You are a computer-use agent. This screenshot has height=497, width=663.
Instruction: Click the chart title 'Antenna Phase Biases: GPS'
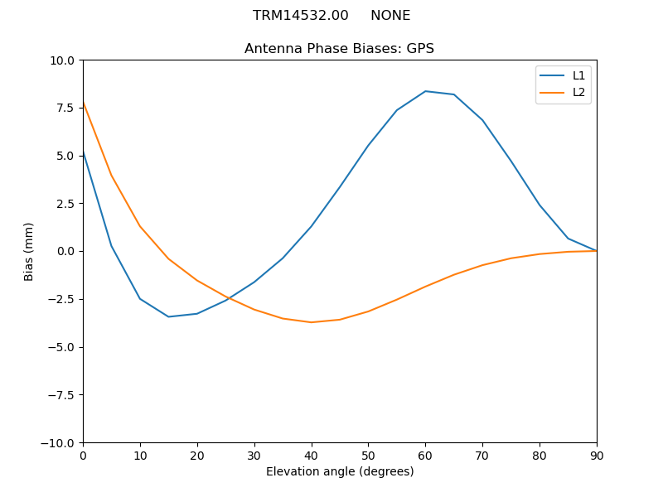click(339, 49)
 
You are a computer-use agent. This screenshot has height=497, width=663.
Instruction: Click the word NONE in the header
click(390, 16)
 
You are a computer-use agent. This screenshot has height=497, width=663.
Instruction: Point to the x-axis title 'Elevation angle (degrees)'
click(340, 472)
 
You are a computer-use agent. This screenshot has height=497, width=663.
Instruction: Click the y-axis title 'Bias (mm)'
click(29, 251)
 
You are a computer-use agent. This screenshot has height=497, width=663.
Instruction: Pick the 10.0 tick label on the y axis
click(61, 60)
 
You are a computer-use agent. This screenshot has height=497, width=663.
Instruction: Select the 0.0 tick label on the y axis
click(65, 251)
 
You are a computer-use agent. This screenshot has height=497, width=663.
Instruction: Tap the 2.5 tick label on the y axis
click(65, 204)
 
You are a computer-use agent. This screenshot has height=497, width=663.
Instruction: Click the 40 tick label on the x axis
click(311, 455)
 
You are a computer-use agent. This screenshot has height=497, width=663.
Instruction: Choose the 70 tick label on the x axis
click(482, 455)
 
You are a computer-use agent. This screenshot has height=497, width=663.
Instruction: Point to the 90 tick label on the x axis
click(596, 455)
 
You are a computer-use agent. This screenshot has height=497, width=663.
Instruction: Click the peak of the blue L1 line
click(425, 91)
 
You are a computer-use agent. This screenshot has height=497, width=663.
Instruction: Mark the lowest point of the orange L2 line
click(311, 322)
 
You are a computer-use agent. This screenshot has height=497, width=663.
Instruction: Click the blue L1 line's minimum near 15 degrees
click(168, 316)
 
